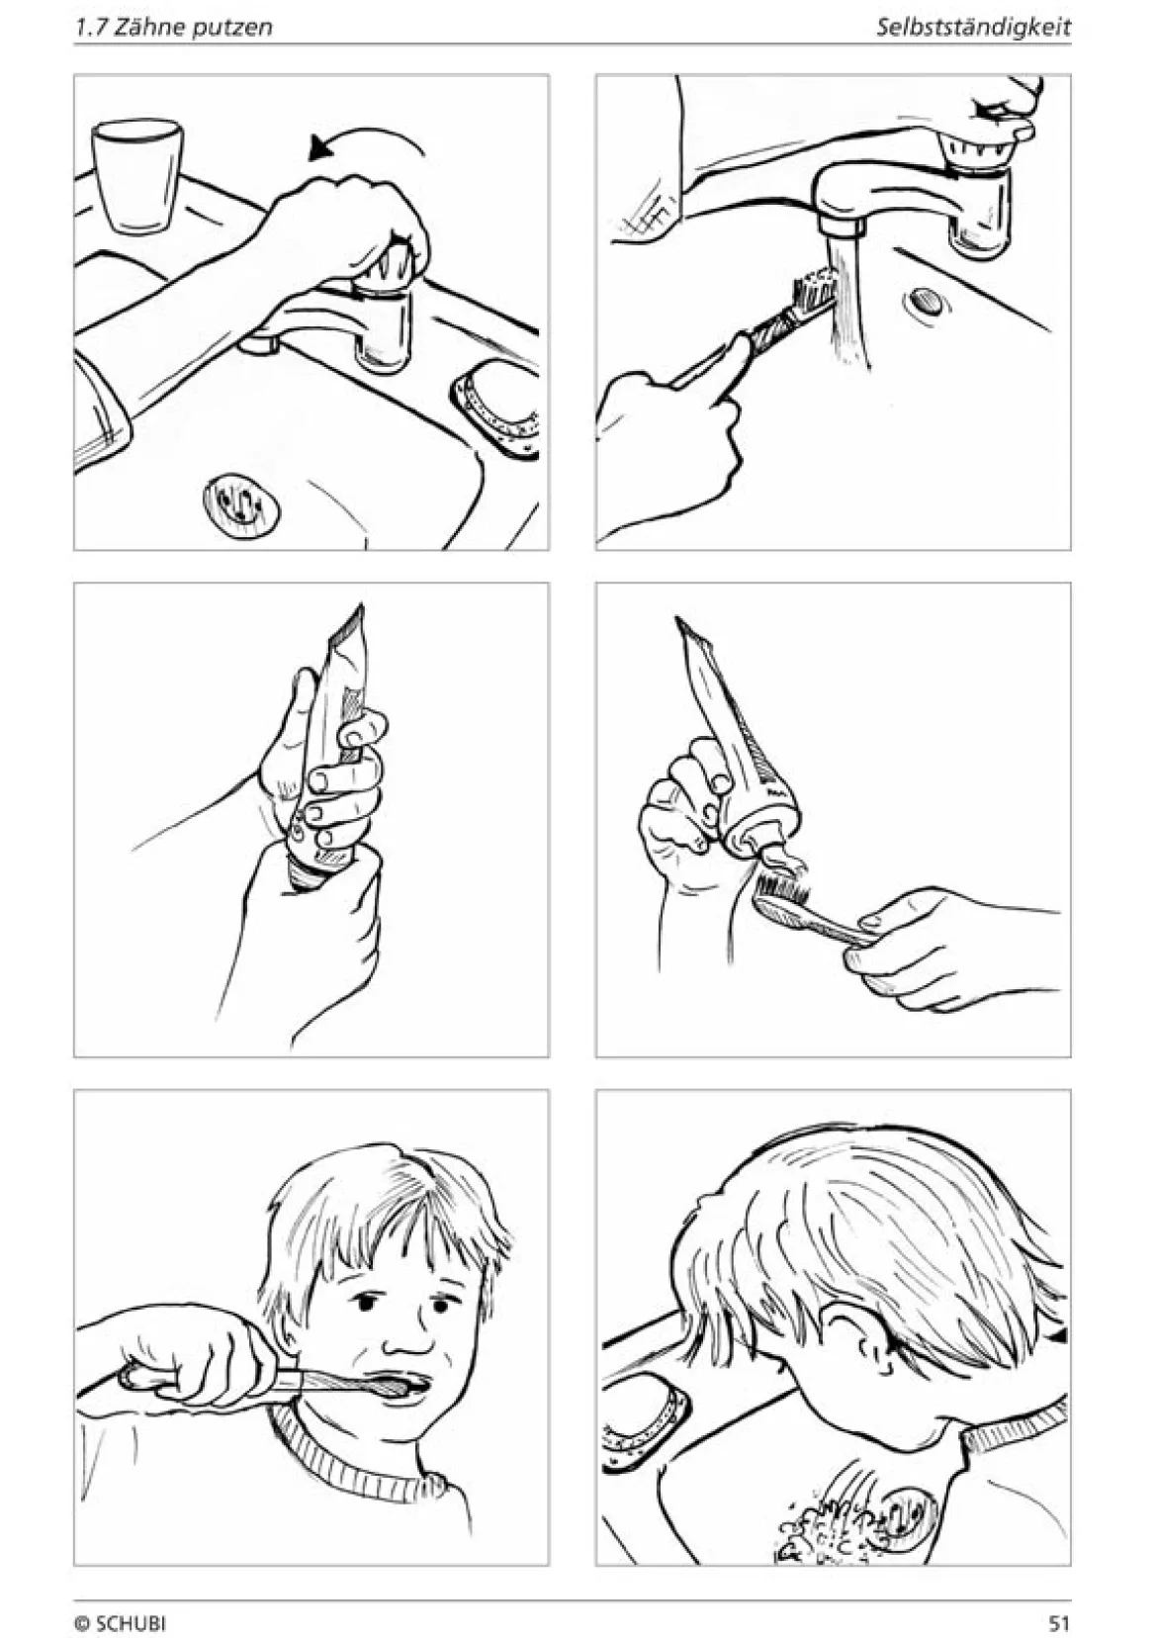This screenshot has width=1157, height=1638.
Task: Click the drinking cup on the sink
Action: (x=137, y=177)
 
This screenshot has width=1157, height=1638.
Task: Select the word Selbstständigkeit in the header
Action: (x=974, y=28)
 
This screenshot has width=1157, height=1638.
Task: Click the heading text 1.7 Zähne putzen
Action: (x=173, y=28)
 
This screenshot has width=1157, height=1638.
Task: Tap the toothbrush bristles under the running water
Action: (x=811, y=288)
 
